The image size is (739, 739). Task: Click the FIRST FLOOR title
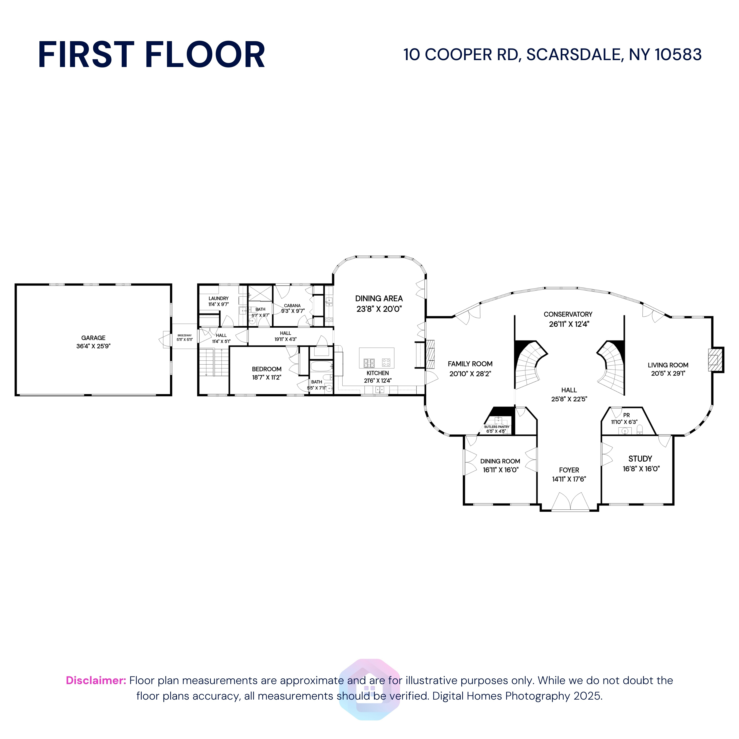[x=151, y=55]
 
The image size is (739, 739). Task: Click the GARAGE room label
[x=93, y=338]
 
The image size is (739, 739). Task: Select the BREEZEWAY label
[x=184, y=336]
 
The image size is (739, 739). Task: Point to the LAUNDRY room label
[x=218, y=298]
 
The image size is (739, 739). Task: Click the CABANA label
[x=292, y=306]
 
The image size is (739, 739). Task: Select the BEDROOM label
[x=267, y=369]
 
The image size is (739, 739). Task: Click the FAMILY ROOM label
[x=470, y=364]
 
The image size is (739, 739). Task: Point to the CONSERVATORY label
[x=568, y=314]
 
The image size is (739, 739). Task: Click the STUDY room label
[x=640, y=459]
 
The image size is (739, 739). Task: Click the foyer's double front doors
[x=570, y=502]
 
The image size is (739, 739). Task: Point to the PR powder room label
[x=626, y=415]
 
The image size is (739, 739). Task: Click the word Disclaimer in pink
[x=96, y=680]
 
